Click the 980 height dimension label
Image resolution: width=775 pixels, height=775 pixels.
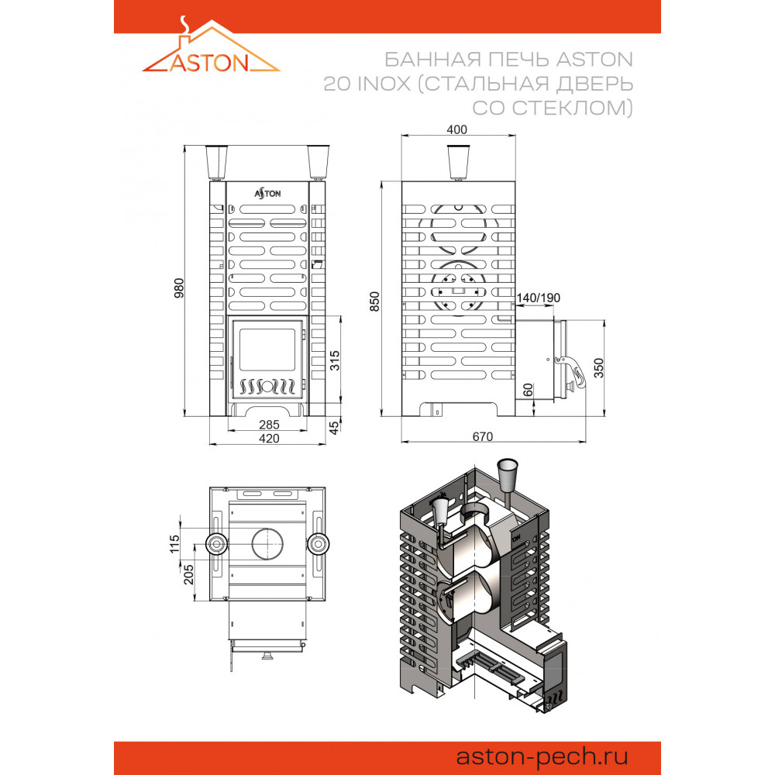179,288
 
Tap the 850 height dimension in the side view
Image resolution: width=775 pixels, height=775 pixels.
375,301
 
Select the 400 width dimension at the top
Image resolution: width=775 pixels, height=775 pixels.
456,129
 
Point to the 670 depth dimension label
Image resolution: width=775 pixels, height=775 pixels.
482,437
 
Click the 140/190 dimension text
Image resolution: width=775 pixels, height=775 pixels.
539,298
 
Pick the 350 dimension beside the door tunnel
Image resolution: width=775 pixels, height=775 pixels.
598,368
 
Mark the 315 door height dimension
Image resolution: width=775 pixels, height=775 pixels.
335,360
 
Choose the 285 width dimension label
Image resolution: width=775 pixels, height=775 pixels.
269,425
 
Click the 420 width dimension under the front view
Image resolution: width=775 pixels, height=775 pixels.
269,439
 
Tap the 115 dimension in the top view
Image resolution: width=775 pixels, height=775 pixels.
174,544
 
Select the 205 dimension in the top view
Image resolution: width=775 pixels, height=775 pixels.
188,574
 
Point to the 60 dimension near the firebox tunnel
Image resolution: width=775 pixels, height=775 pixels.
528,391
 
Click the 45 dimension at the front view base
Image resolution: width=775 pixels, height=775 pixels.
335,428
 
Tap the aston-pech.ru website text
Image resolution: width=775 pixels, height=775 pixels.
542,756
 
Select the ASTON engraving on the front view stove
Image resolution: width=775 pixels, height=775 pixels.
267,193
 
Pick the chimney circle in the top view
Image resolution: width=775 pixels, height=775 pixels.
267,544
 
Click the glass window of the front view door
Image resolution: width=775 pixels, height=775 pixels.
267,350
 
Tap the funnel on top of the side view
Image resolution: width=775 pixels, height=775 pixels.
458,162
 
